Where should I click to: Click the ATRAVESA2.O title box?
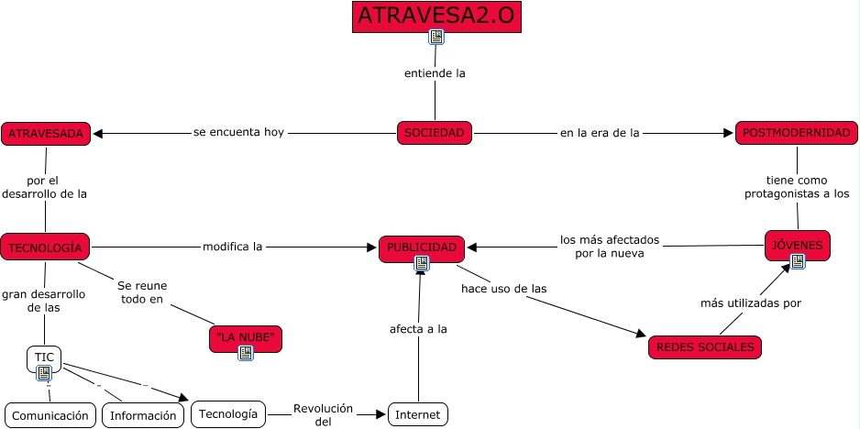coord(436,16)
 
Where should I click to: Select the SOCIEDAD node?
coord(435,133)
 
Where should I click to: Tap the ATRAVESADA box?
coord(46,134)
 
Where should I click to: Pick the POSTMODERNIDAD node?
coord(796,133)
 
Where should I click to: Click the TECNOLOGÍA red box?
coord(45,247)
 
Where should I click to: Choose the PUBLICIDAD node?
coord(421,247)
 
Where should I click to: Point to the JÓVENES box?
coord(797,244)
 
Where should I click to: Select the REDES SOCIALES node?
coord(705,347)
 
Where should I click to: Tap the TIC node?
coord(44,357)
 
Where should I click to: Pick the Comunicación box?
coord(50,415)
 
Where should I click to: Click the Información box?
coord(143,415)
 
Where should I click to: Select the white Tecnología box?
coord(228,414)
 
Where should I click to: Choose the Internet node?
coord(418,415)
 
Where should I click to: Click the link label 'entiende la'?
coord(436,73)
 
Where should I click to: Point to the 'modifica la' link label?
coord(233,247)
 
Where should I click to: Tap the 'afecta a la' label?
coord(418,329)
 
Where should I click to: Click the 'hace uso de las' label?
coord(504,288)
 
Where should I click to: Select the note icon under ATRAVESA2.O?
coord(436,38)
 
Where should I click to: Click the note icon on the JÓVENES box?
coord(798,261)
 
